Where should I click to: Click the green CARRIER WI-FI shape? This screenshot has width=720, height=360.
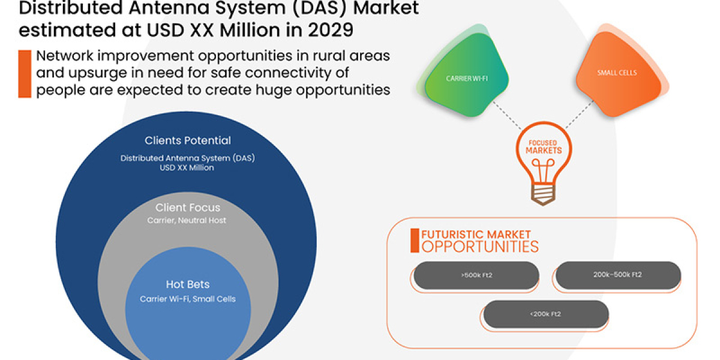[465, 79]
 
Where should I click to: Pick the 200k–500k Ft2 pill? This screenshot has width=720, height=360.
[618, 275]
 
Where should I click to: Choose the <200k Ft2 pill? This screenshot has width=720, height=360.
[546, 314]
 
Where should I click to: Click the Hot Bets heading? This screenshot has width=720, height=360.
[187, 284]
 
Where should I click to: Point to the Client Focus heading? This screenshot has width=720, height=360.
[187, 208]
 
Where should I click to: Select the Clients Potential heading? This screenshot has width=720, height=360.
[187, 140]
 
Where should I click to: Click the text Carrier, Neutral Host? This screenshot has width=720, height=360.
[187, 221]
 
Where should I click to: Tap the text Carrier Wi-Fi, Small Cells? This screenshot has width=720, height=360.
[187, 299]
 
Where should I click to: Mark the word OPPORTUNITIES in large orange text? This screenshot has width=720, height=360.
[480, 247]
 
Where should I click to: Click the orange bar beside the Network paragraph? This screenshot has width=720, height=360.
[25, 74]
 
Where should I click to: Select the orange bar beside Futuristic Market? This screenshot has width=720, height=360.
[414, 240]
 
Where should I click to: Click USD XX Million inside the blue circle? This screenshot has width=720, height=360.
[187, 168]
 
